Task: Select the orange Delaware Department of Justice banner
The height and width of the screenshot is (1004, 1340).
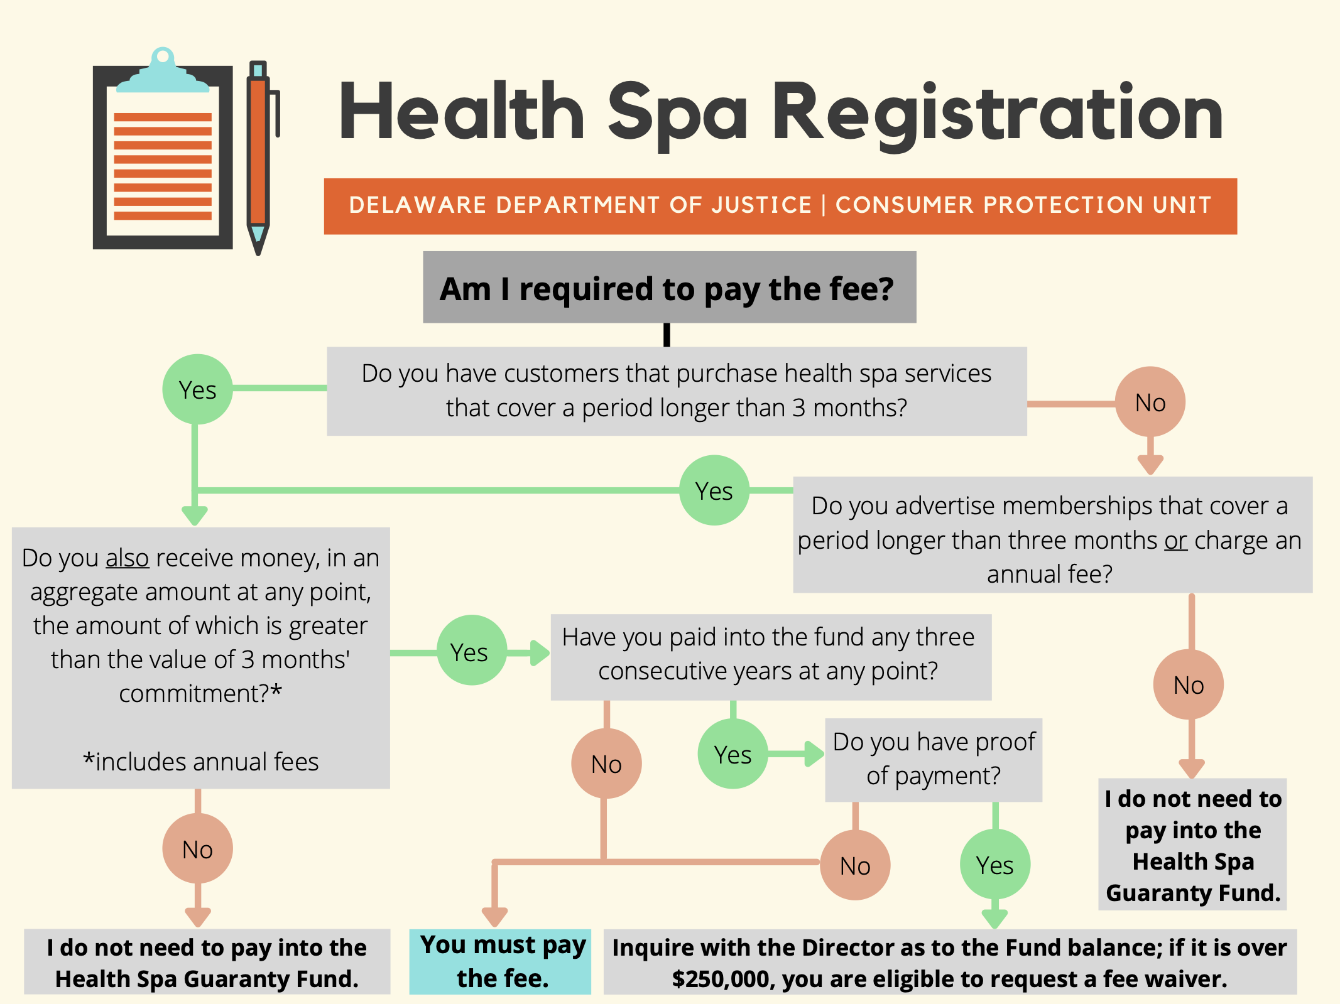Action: tap(780, 206)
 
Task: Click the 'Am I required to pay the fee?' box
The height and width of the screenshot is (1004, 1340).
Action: tap(669, 288)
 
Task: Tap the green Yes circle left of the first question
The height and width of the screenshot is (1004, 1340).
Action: tap(197, 389)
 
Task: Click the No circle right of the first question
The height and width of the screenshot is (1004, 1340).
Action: tap(1150, 402)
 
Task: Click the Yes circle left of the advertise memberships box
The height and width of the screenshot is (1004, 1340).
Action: tap(714, 490)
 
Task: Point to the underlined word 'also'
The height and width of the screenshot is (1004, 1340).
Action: tap(127, 558)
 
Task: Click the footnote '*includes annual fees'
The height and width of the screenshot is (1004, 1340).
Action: tap(200, 762)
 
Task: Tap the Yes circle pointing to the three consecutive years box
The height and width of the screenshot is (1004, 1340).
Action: tap(471, 651)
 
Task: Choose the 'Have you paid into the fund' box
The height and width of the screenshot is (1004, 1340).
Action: tap(771, 656)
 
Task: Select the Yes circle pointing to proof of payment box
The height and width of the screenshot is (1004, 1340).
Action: tap(733, 754)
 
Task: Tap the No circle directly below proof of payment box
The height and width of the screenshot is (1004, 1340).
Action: tap(855, 865)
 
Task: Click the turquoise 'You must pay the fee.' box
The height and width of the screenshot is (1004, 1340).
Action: tap(501, 961)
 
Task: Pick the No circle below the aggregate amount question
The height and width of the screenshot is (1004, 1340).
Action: tap(197, 849)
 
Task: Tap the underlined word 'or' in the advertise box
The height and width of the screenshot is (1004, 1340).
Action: tap(1175, 541)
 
